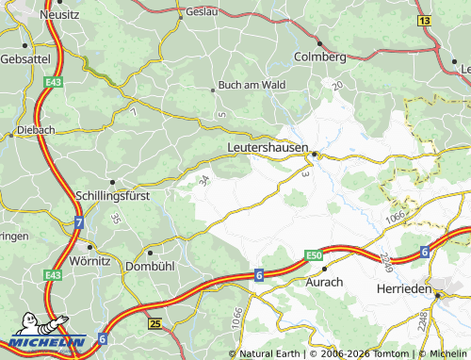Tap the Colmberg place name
[320, 57]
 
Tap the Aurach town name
[324, 282]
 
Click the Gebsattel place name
[24, 57]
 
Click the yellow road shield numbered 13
[424, 20]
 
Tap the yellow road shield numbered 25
[154, 323]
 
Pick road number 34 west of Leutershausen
[205, 179]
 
